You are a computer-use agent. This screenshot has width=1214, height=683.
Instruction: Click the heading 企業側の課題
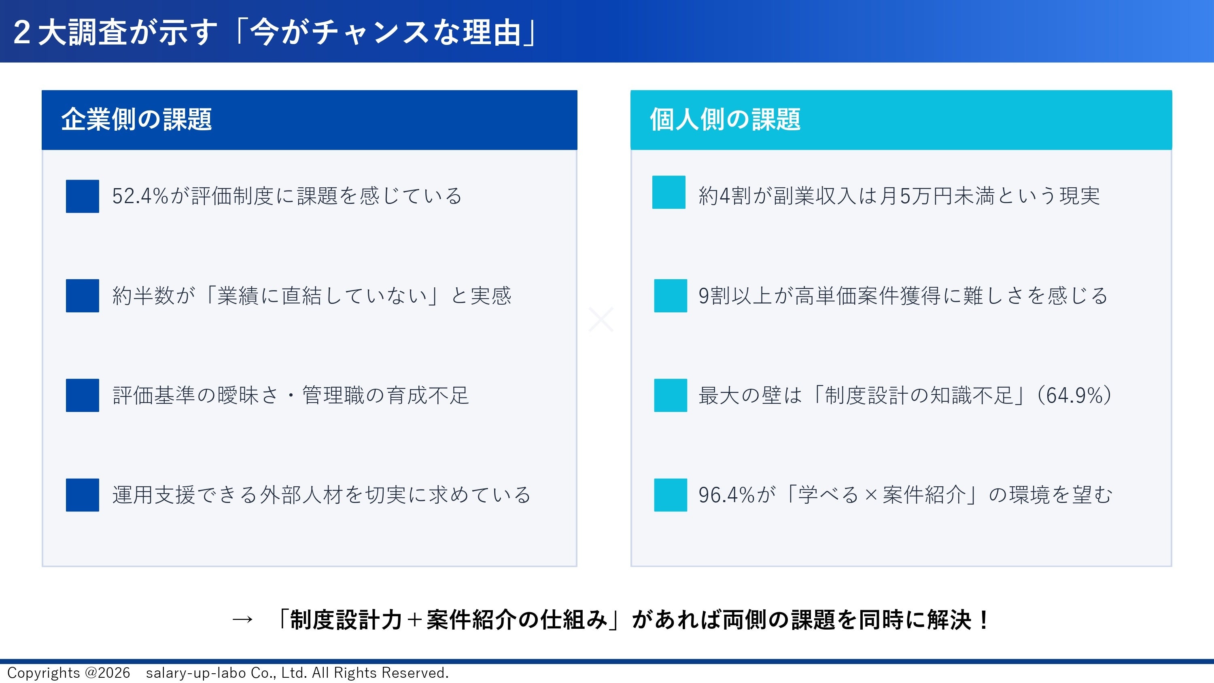click(x=136, y=119)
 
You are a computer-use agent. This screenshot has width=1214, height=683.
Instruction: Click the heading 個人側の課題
click(x=725, y=119)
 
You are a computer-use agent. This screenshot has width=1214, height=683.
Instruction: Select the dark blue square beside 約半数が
click(x=83, y=295)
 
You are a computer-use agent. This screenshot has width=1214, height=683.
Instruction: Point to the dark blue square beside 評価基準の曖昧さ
click(x=83, y=395)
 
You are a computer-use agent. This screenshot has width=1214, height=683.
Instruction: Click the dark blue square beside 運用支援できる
click(x=83, y=495)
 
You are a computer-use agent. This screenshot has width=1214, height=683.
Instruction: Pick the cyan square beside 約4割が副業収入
click(x=669, y=192)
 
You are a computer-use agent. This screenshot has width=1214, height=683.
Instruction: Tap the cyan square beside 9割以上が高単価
click(x=671, y=295)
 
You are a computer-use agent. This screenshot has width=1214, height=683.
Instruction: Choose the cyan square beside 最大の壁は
click(x=671, y=395)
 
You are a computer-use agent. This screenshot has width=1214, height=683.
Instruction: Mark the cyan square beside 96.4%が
click(x=671, y=495)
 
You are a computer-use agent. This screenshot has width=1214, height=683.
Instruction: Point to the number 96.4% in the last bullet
click(x=727, y=495)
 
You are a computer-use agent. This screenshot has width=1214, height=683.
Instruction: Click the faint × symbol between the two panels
click(x=601, y=319)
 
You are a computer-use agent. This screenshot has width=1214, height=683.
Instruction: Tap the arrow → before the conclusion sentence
click(x=243, y=619)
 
